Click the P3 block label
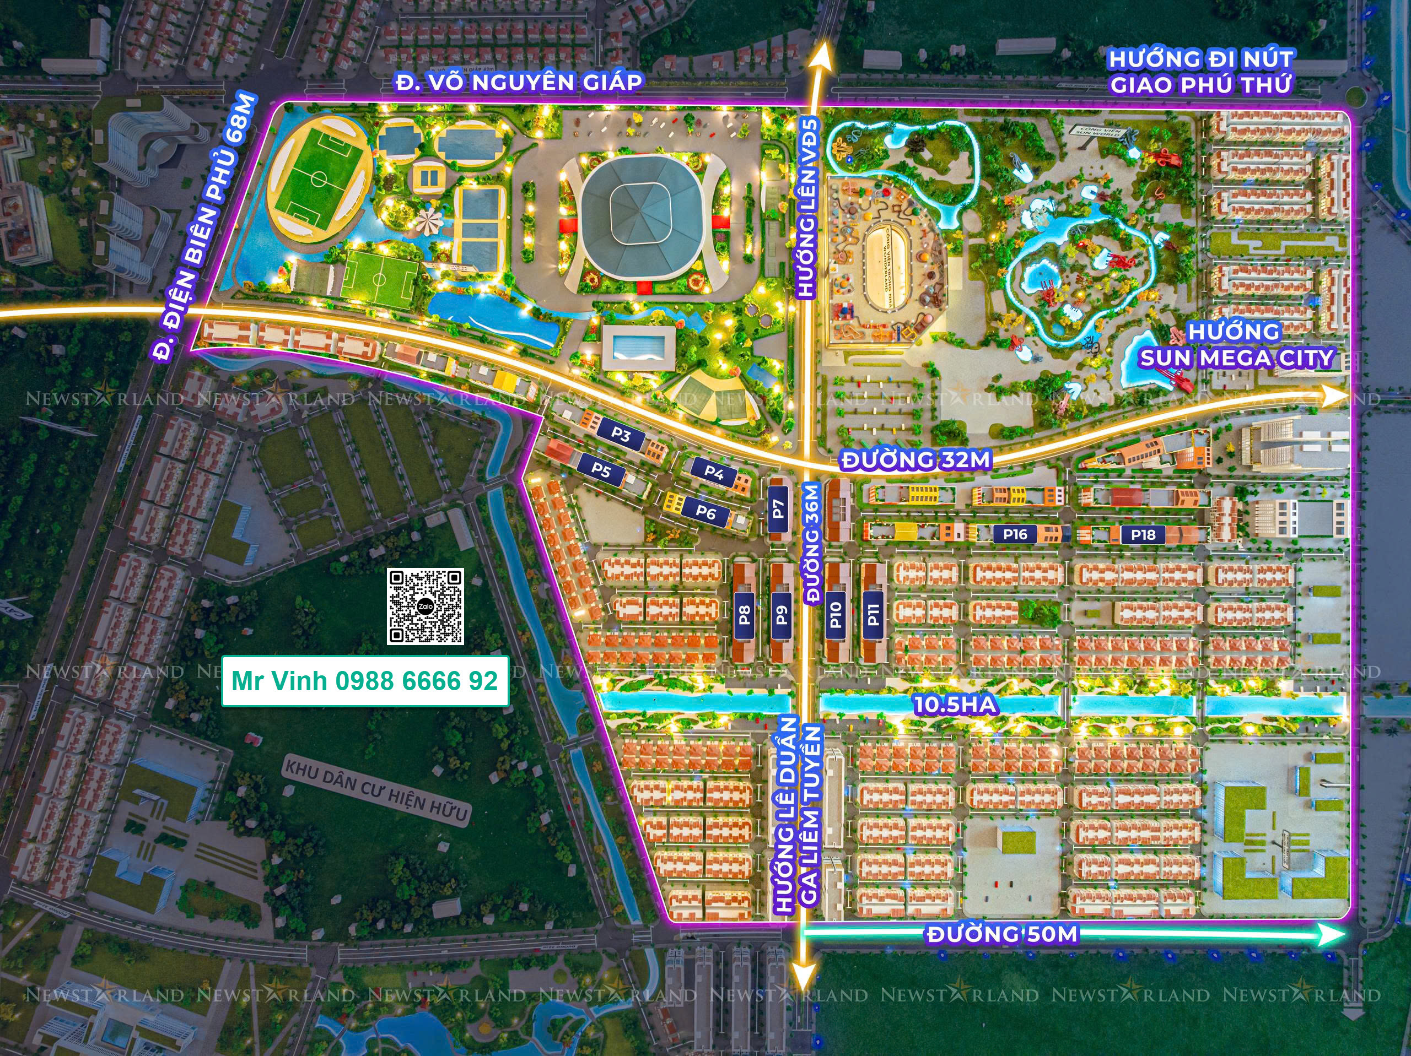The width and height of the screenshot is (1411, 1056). coord(620,435)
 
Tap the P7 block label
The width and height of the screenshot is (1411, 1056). coord(778,508)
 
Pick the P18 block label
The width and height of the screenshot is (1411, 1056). coord(1143,534)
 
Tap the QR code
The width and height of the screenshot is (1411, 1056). coord(425,606)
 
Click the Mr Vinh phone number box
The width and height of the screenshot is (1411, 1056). coord(365,681)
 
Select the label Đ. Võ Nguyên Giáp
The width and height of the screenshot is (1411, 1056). coord(518,82)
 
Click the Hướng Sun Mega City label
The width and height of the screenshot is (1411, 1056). coord(1236,345)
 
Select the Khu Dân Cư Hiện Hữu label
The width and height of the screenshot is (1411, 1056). coord(376,790)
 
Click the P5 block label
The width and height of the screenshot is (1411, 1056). coord(601,470)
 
